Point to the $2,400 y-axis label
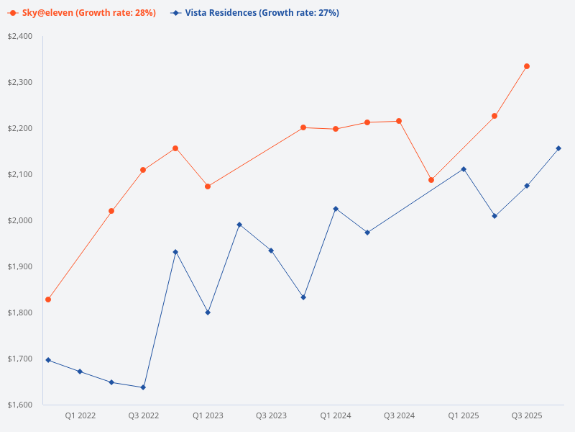[x=20, y=36]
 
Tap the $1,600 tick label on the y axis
[x=20, y=405]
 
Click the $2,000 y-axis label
[x=20, y=220]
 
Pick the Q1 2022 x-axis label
[x=80, y=416]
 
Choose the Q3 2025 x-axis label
[x=527, y=416]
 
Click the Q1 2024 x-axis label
[x=336, y=416]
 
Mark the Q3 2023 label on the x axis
[x=271, y=416]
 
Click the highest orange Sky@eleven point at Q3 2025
[x=527, y=66]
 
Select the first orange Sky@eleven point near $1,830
[x=48, y=300]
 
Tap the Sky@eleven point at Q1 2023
[x=208, y=186]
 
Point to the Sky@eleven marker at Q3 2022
[x=143, y=170]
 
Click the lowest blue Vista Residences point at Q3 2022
[x=143, y=387]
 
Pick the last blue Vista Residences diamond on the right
[x=558, y=148]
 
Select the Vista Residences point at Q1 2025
[x=464, y=169]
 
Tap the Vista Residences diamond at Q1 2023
[x=208, y=312]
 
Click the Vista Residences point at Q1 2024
[x=336, y=209]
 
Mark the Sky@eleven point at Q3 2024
[x=399, y=121]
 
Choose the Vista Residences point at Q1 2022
[x=80, y=372]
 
